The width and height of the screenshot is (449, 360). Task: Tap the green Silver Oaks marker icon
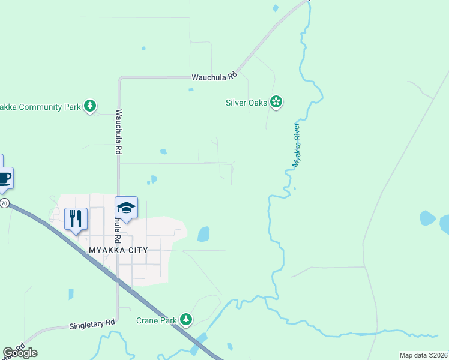[276, 103]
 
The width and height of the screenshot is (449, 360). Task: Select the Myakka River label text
[296, 145]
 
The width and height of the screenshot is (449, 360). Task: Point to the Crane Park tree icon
[187, 320]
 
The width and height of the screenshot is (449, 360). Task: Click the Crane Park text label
[157, 320]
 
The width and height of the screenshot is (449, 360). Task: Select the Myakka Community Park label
[40, 107]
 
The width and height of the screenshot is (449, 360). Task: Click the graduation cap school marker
[126, 208]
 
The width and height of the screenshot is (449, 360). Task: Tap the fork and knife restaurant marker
[76, 218]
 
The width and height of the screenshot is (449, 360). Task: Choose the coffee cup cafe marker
[4, 178]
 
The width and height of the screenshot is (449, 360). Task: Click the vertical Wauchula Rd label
[119, 133]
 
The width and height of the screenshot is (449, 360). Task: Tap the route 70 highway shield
[4, 203]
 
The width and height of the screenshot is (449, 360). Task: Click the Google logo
[20, 353]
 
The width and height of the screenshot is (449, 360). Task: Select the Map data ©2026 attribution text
[423, 355]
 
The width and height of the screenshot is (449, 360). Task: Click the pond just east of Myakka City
[203, 234]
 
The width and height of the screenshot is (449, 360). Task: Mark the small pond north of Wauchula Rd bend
[143, 48]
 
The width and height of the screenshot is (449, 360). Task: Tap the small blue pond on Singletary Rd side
[71, 294]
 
